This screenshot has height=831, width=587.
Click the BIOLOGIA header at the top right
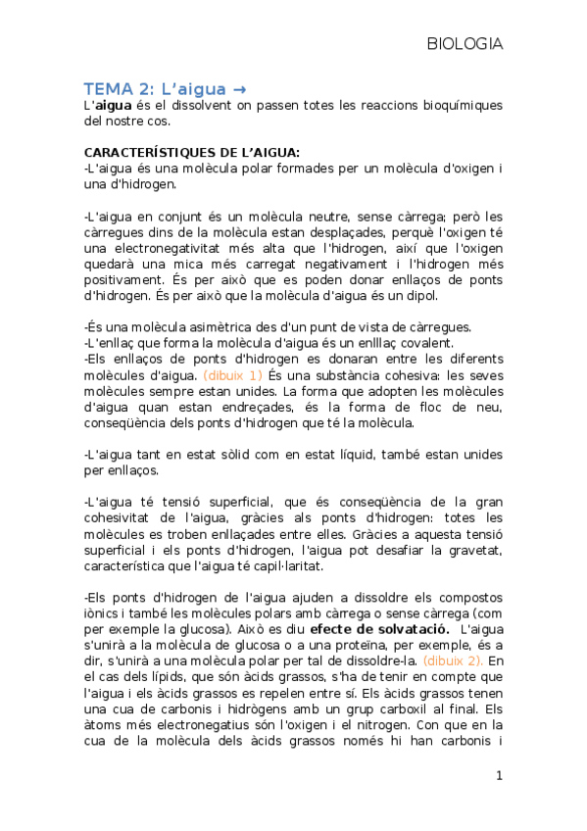coord(465,44)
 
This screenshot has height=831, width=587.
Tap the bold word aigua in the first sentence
coord(113,105)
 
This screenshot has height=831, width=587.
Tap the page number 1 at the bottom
coord(498,776)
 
